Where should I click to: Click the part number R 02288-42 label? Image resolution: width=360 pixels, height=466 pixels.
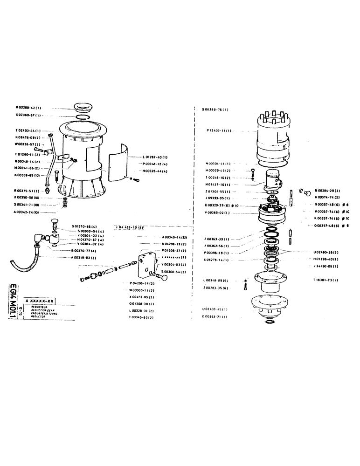[29, 107]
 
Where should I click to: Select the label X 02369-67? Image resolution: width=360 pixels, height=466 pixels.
[29, 115]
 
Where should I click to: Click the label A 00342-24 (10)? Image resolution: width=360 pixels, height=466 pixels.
[30, 212]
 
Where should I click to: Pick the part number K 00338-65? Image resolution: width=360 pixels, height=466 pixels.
[29, 175]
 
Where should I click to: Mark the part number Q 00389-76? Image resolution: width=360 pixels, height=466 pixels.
[215, 110]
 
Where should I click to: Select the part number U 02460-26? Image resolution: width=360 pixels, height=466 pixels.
[326, 252]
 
